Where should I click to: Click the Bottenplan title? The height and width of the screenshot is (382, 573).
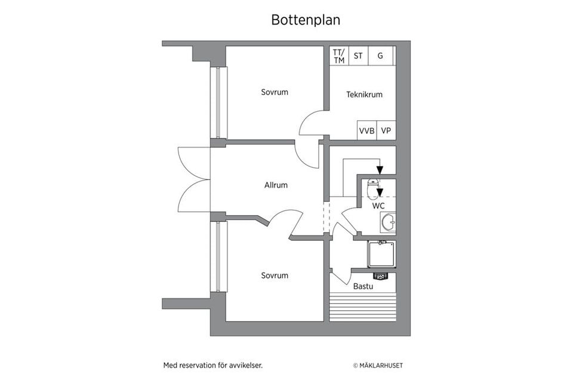(x=306, y=20)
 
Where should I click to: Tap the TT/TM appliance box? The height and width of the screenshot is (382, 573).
(x=338, y=56)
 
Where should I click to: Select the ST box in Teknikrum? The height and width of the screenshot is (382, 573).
(x=358, y=56)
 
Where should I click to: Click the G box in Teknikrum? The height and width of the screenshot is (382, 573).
(x=380, y=56)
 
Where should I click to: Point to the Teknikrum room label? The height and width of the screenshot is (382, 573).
(x=364, y=94)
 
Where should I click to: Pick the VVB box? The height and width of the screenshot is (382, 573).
(x=366, y=131)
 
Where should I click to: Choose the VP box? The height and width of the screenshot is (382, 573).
(x=386, y=131)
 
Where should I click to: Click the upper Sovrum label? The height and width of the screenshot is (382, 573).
(x=275, y=92)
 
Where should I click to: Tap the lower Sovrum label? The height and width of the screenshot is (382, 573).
(x=275, y=276)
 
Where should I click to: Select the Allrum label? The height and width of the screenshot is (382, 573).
(x=276, y=185)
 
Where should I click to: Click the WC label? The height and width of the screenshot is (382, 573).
(x=378, y=206)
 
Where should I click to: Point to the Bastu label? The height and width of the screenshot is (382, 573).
(x=363, y=286)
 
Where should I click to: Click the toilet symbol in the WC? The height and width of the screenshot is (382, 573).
(x=375, y=188)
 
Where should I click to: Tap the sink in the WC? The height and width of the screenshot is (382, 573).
(x=388, y=222)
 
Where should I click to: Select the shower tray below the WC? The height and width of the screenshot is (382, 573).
(x=381, y=254)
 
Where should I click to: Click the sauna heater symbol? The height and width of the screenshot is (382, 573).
(x=380, y=276)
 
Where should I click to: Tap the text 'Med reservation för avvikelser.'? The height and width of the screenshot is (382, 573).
(x=212, y=365)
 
